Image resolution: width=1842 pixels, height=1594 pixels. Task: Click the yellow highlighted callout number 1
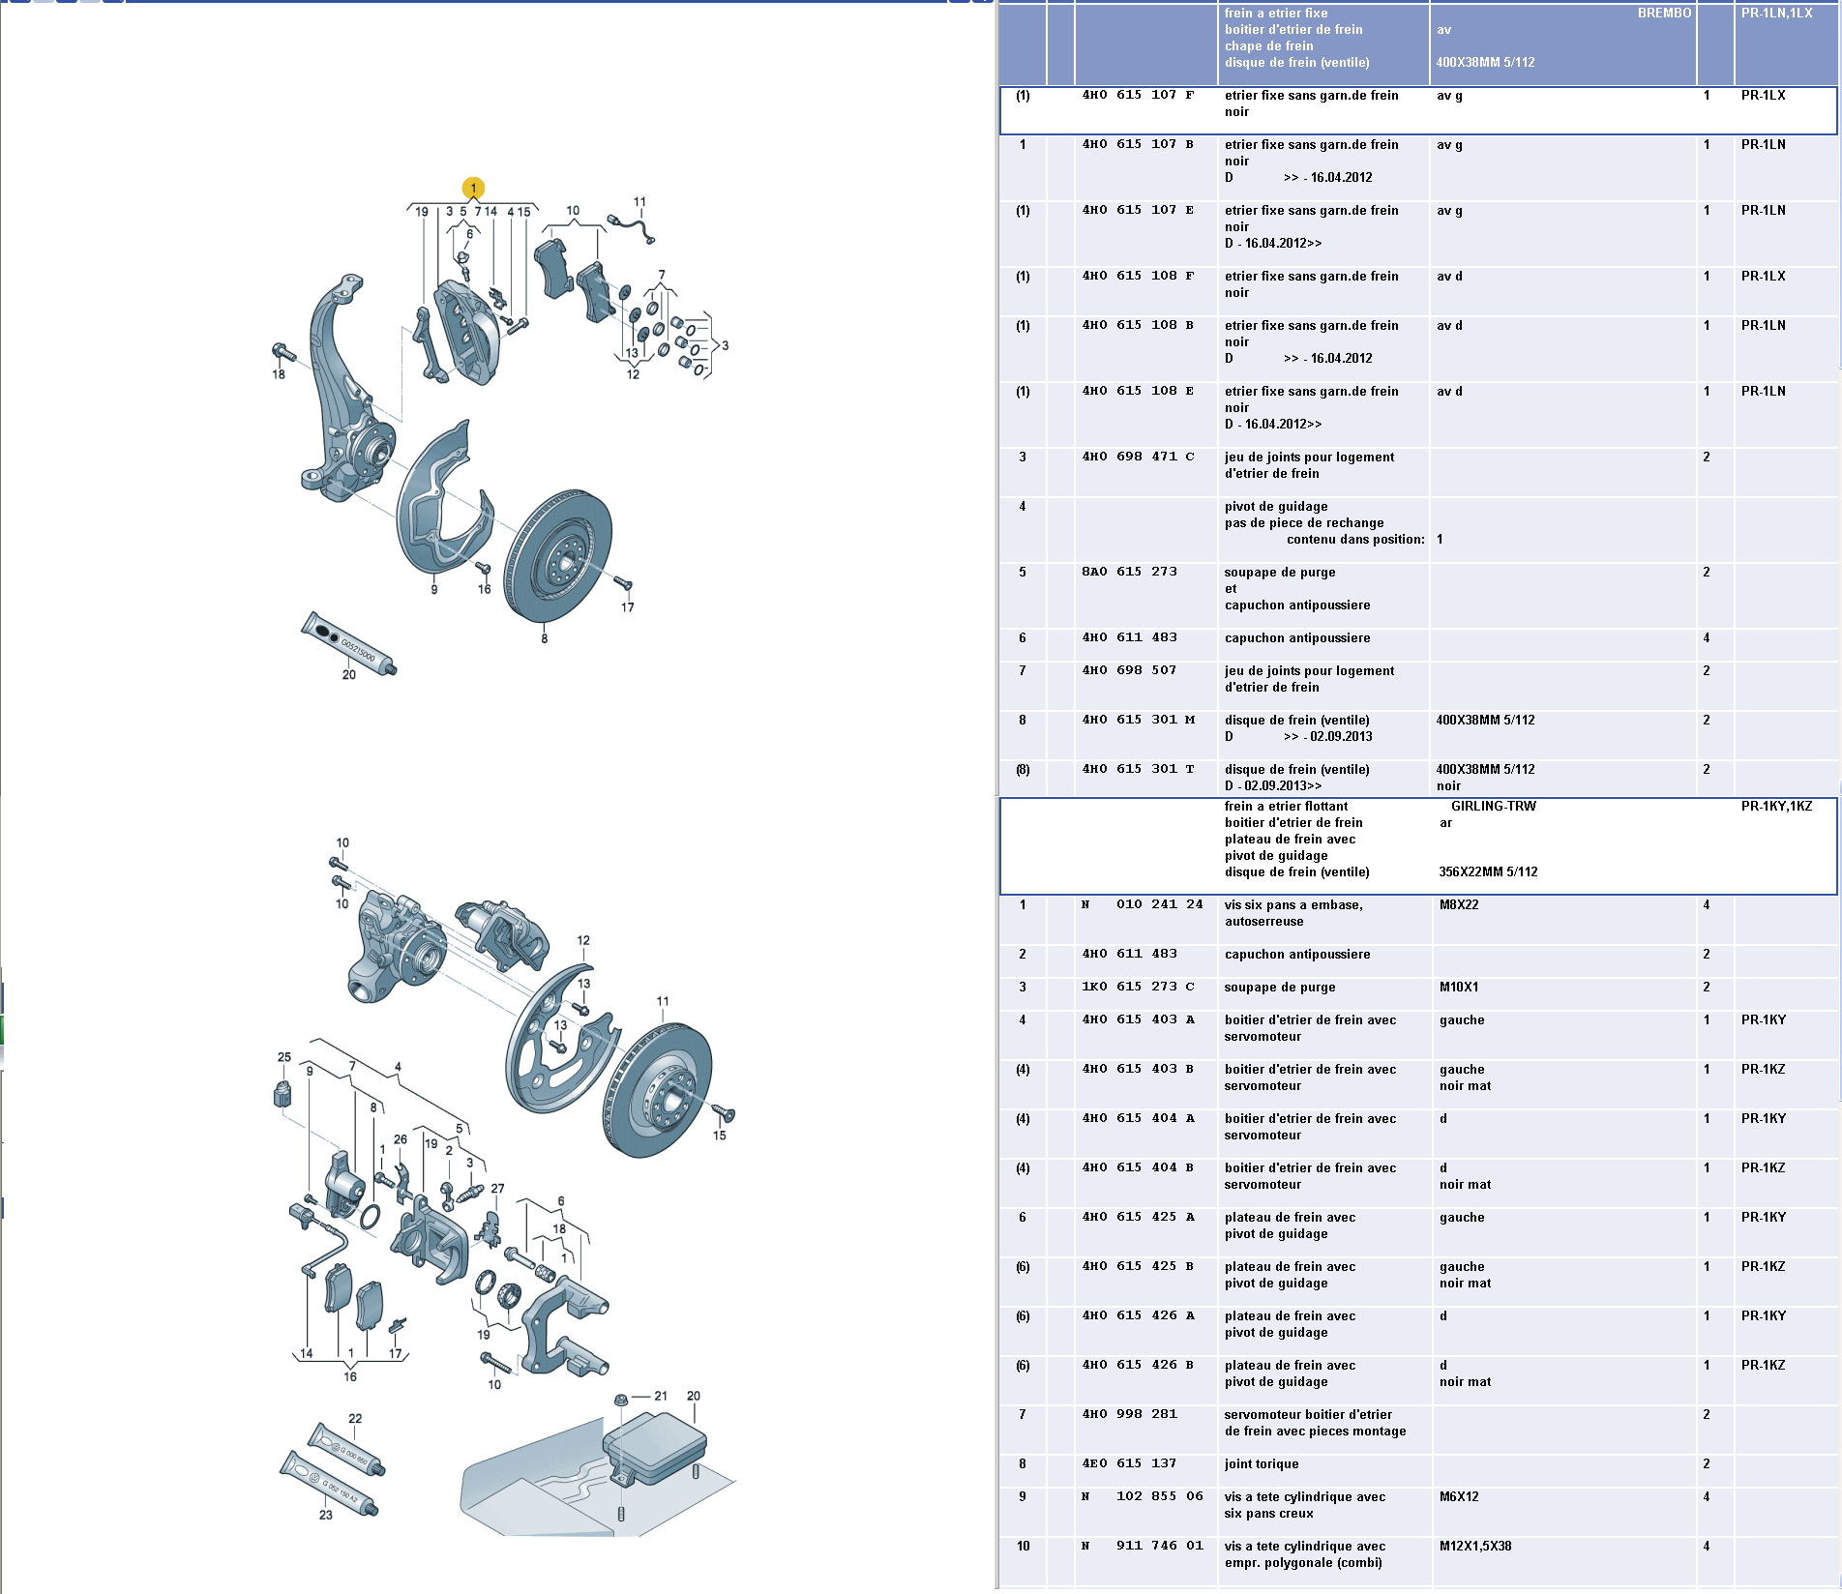[x=473, y=188]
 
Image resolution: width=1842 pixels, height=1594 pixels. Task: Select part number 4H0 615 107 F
[x=1138, y=95]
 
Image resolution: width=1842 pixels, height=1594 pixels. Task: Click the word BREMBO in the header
[x=1664, y=14]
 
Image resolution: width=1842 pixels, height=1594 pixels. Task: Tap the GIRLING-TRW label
[x=1493, y=806]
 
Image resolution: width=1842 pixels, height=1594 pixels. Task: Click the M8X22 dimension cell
[x=1459, y=904]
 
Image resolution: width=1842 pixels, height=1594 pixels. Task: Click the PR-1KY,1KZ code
[x=1776, y=806]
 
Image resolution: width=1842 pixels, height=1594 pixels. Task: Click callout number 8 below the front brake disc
[x=545, y=638]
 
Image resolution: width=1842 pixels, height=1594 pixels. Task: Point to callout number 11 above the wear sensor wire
[x=639, y=202]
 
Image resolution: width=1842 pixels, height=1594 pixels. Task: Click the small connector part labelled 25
[x=282, y=1094]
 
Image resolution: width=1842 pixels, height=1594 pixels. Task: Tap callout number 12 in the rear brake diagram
[x=583, y=940]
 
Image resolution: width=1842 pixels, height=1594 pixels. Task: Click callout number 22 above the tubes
[x=355, y=1419]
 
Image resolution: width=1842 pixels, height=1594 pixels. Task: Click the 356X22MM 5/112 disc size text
[x=1488, y=871]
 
